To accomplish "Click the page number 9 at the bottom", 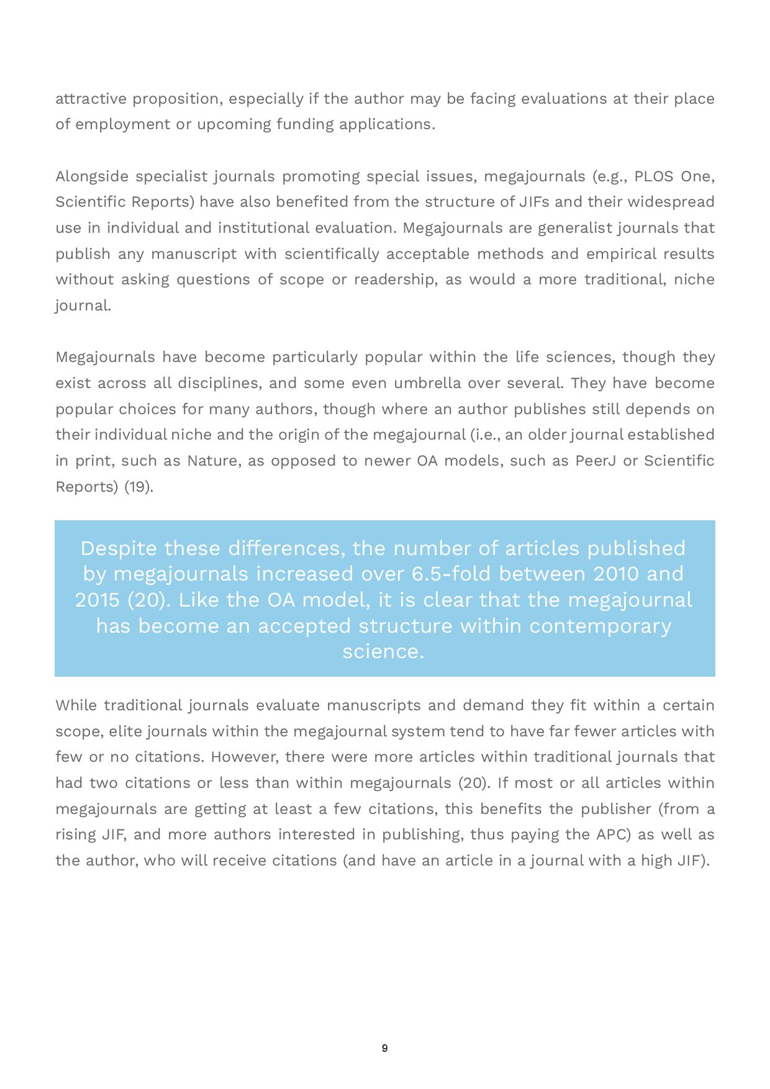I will [384, 1048].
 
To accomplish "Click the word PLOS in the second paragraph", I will [654, 176].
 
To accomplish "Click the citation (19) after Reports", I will [138, 486].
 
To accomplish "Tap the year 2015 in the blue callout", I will [97, 600].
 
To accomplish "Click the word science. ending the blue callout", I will [383, 651].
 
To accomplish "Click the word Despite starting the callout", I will [119, 548].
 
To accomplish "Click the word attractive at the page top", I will [91, 99].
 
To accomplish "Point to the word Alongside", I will [92, 176].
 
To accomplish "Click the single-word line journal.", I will [83, 305].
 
